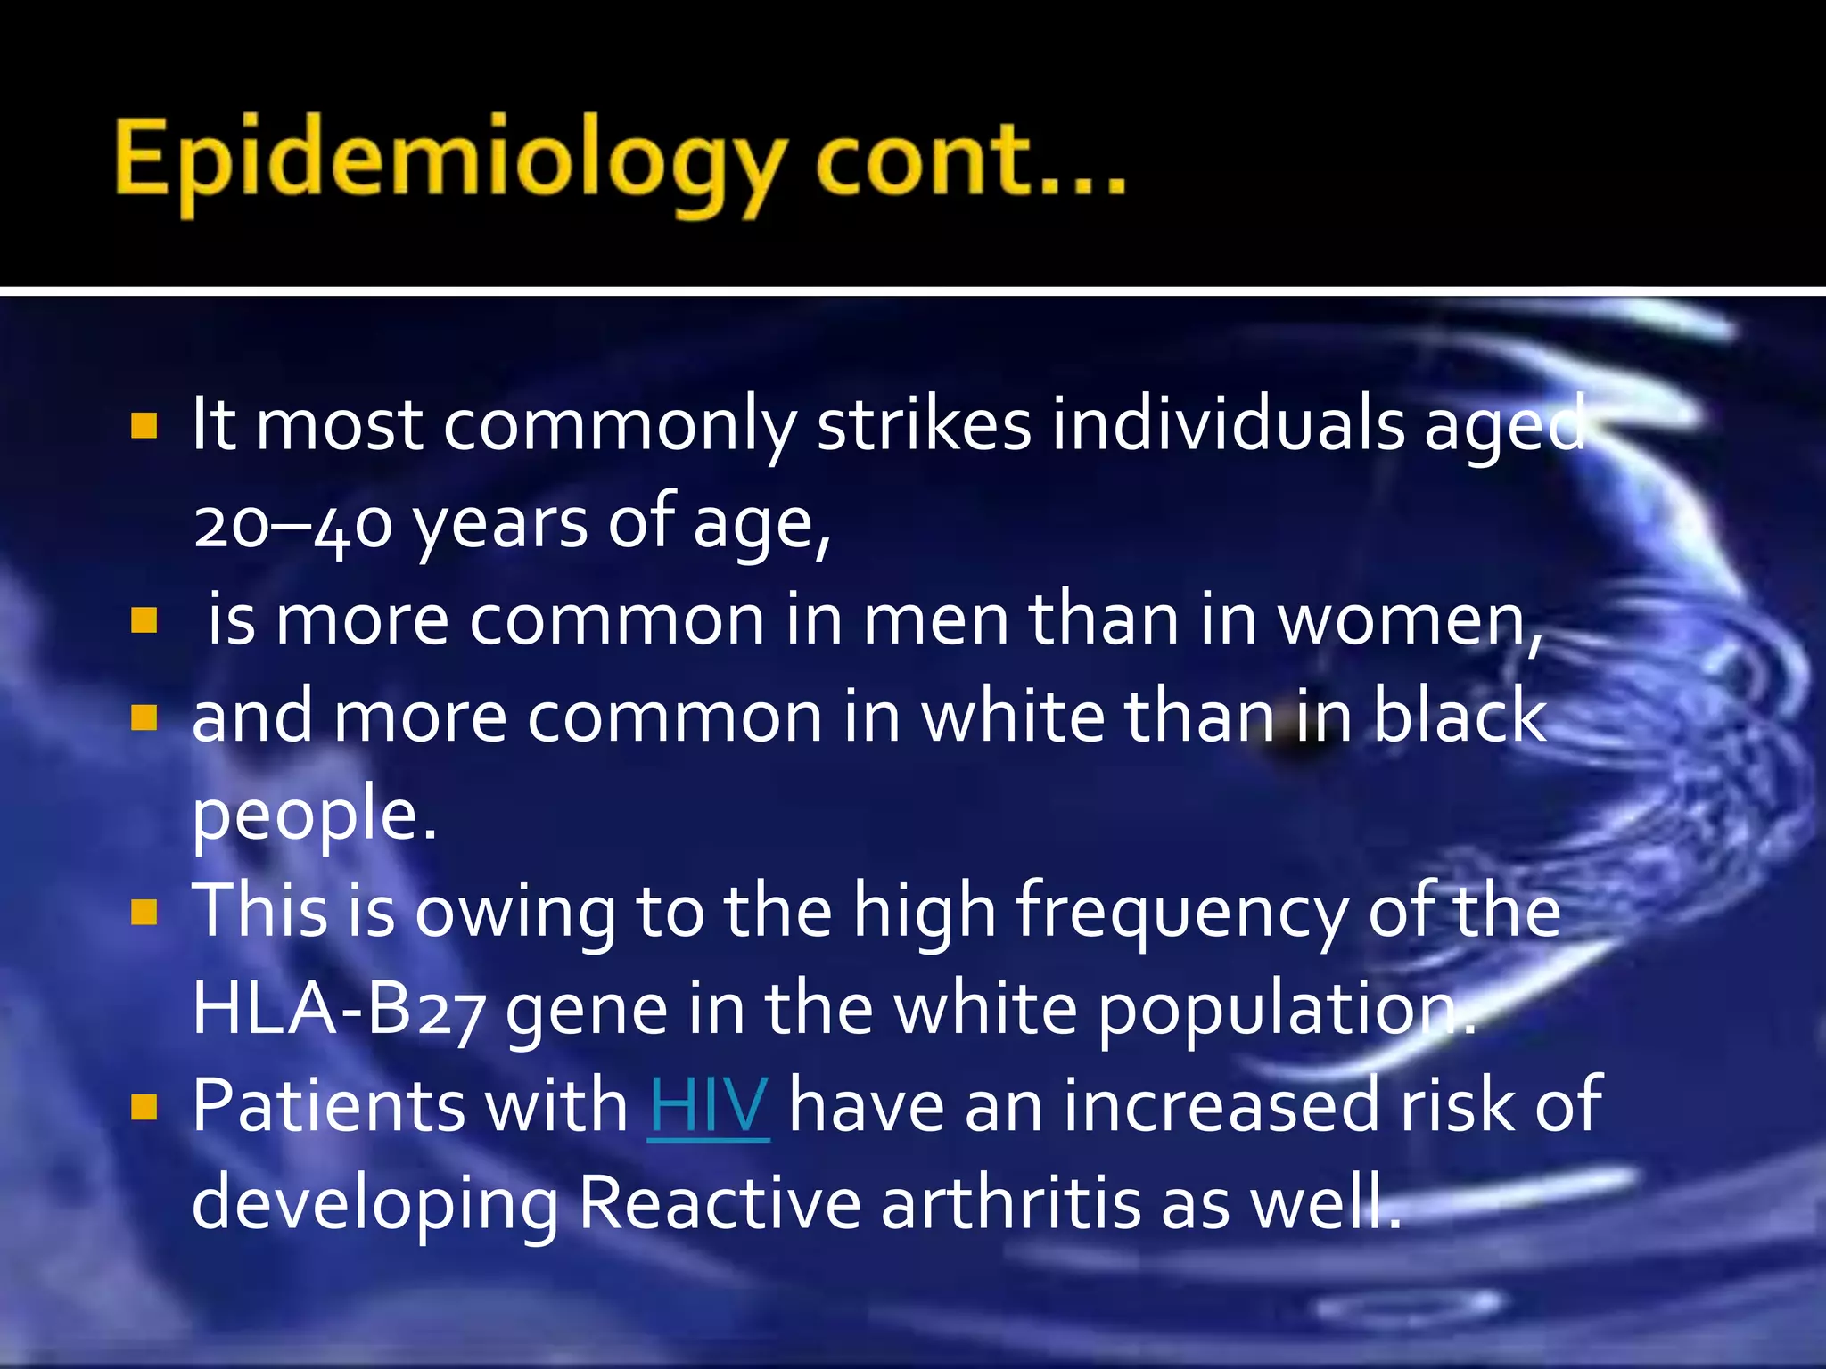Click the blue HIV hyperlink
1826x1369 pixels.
coord(709,1105)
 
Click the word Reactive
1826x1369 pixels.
coord(720,1203)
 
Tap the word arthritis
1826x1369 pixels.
coord(1010,1203)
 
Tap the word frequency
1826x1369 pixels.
coord(1180,913)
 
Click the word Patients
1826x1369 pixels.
coord(327,1105)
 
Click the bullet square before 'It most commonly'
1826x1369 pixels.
coord(144,426)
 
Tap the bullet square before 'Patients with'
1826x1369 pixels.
coord(144,1106)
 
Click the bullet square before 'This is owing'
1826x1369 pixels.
coord(144,912)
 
